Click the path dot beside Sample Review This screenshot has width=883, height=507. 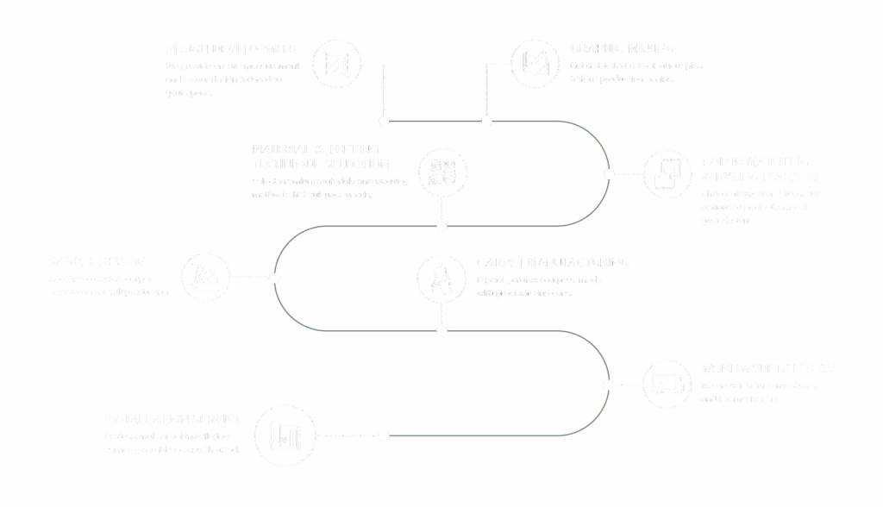[274, 279]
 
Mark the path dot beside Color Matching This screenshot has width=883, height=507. [609, 174]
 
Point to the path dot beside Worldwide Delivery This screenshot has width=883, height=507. [609, 385]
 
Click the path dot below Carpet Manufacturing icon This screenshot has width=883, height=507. [441, 331]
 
